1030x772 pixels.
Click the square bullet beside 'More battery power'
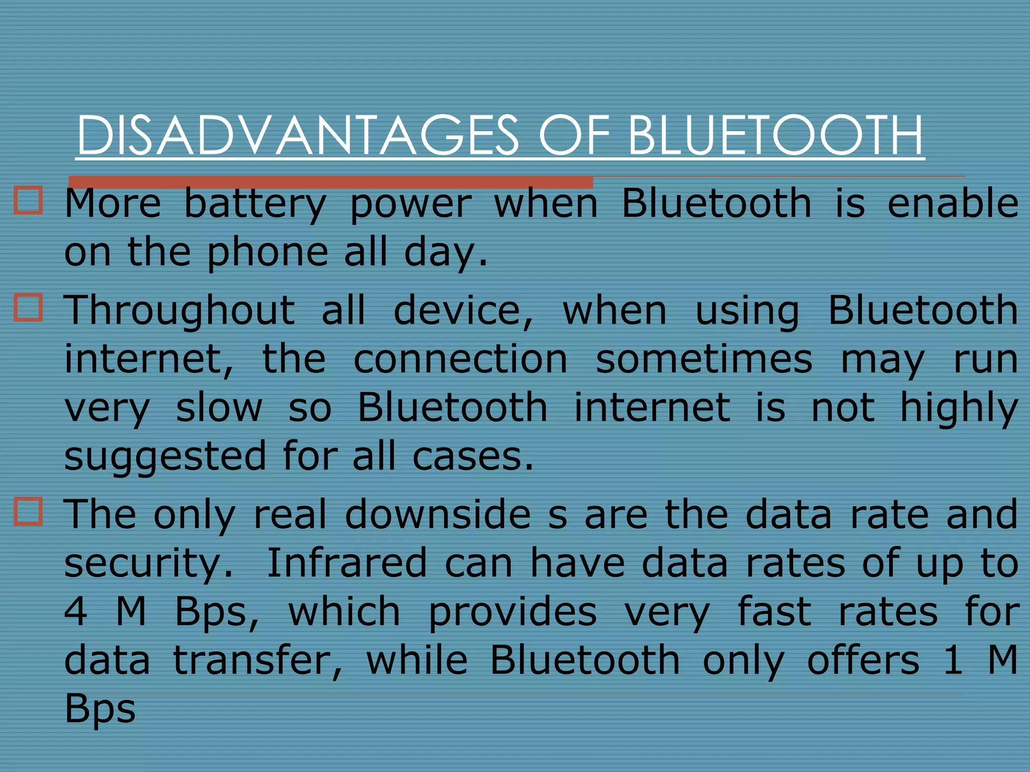click(x=29, y=201)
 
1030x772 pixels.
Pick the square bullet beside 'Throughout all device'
click(x=29, y=307)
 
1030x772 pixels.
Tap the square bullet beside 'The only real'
click(x=29, y=512)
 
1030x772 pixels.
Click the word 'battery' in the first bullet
click(x=255, y=205)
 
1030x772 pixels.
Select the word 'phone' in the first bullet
click(x=268, y=253)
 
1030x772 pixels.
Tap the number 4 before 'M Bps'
click(x=76, y=612)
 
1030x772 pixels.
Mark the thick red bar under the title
click(x=330, y=182)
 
